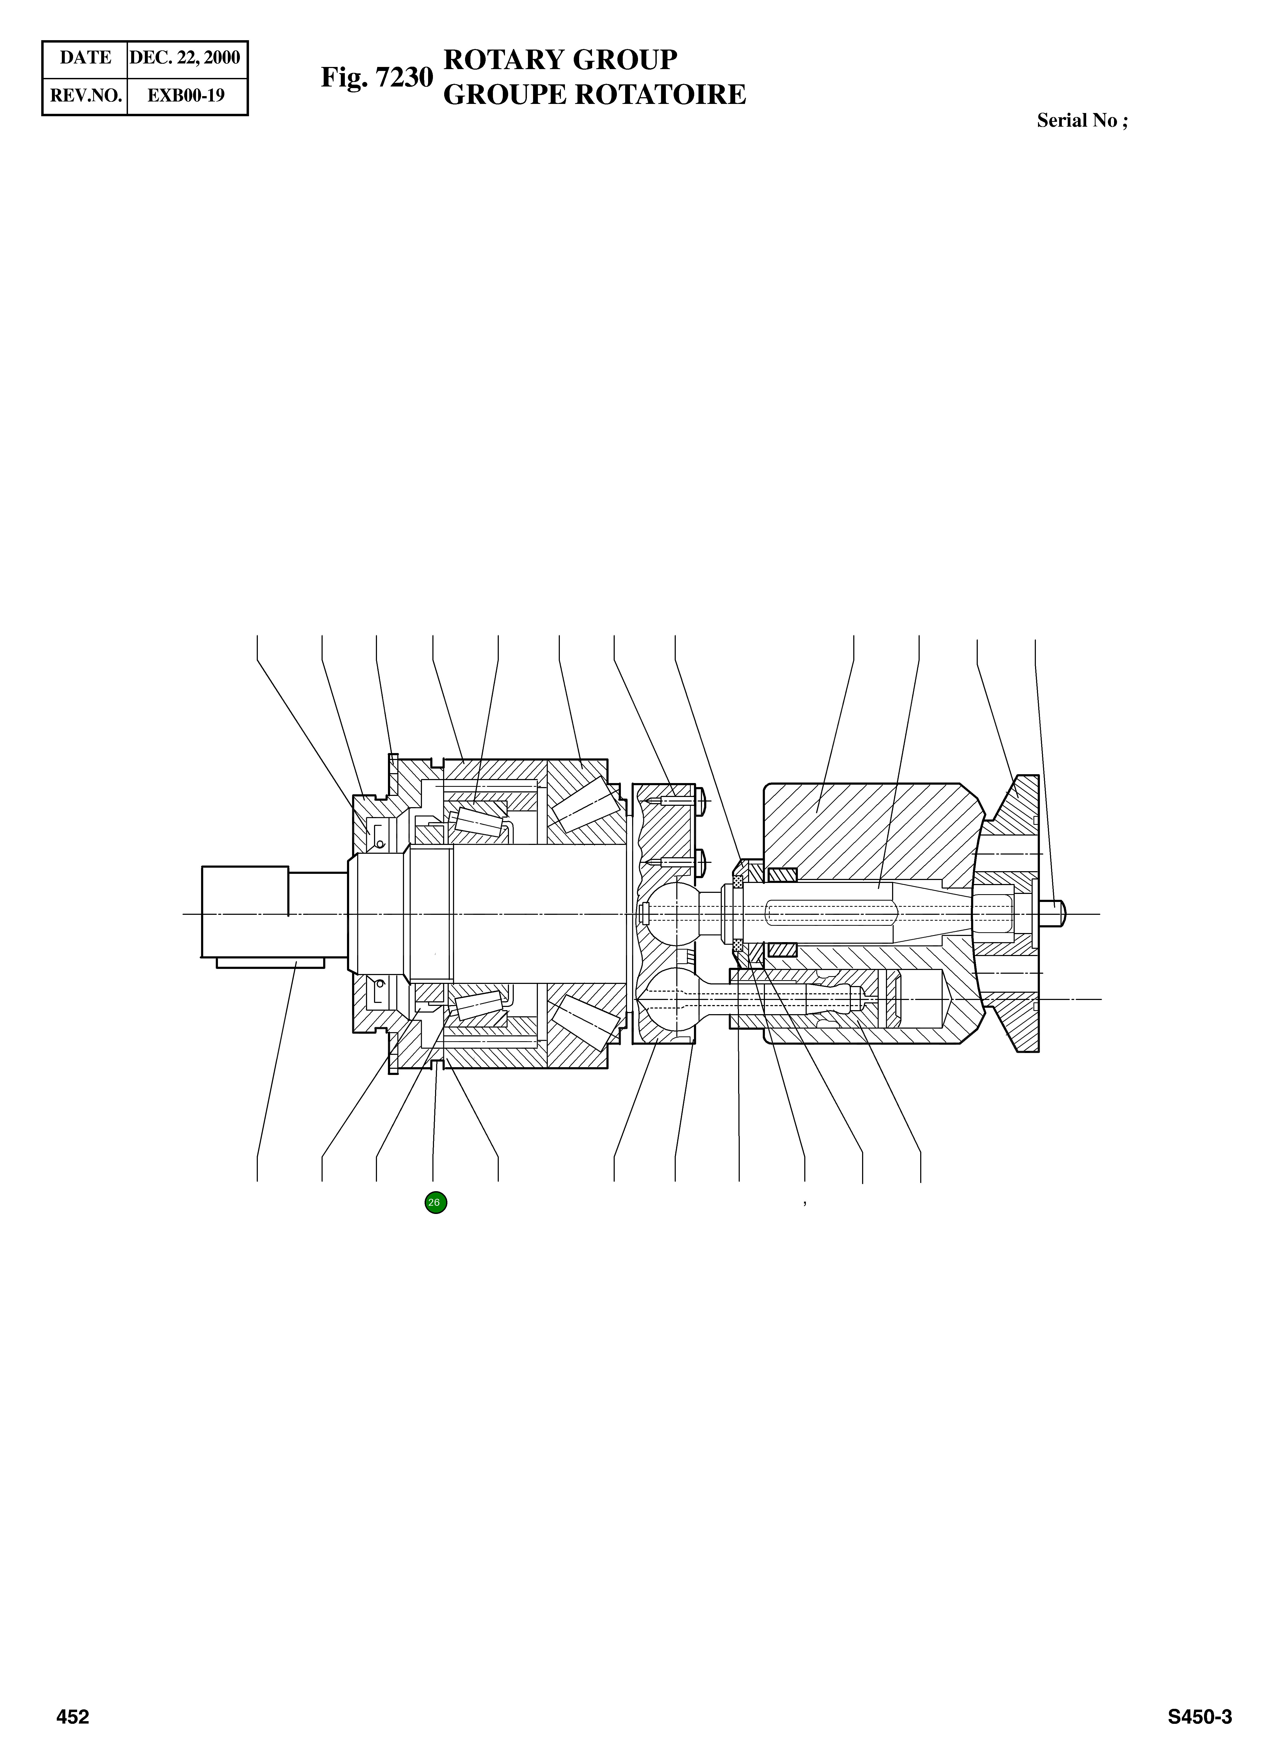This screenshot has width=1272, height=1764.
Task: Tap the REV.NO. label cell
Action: (x=85, y=96)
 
